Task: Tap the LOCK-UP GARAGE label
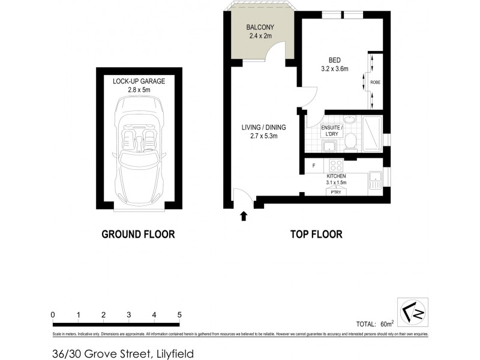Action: tap(139, 81)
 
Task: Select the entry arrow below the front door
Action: tap(244, 216)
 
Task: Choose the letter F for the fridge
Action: tap(314, 165)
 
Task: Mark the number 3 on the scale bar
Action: tap(129, 315)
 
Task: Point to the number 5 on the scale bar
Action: tap(179, 315)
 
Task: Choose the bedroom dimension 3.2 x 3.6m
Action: tap(335, 69)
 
